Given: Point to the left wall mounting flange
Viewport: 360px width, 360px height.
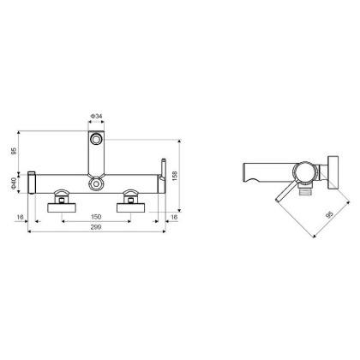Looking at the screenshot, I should (x=63, y=202).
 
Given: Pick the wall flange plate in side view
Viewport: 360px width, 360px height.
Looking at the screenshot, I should (x=334, y=171).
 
